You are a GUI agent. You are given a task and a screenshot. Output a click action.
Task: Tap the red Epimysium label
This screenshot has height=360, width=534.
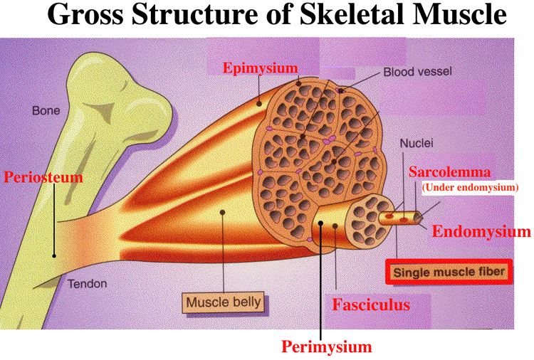(x=261, y=68)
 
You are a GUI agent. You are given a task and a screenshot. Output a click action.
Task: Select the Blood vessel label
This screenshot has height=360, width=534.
(x=418, y=72)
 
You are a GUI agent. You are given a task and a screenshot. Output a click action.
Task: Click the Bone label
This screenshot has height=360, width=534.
(x=46, y=111)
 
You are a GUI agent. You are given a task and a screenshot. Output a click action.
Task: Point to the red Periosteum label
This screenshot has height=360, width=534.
(x=43, y=176)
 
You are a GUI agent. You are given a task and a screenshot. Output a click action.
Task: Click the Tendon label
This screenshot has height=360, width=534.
(x=88, y=284)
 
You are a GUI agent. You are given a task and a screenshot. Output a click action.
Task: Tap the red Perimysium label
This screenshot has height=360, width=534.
(x=327, y=347)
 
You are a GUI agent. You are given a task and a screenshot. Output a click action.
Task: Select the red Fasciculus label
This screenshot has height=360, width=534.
(x=372, y=305)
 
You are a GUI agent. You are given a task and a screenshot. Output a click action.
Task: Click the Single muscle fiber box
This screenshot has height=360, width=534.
(x=449, y=272)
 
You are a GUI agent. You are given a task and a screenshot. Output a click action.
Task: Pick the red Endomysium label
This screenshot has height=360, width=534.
(x=481, y=231)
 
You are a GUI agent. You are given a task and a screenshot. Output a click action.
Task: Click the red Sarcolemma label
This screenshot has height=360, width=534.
(x=460, y=173)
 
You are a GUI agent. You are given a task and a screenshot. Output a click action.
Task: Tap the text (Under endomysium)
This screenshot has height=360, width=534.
(x=470, y=188)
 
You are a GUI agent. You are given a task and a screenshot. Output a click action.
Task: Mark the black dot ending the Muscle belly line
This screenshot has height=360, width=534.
(x=224, y=212)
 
